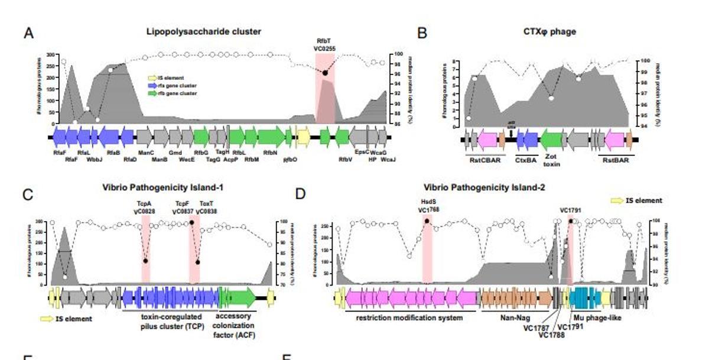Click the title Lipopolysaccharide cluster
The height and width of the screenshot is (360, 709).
(203, 31)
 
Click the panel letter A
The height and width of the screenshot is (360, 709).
(28, 33)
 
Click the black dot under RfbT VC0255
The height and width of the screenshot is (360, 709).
(324, 73)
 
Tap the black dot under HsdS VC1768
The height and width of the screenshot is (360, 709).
(427, 221)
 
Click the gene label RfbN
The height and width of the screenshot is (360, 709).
(270, 153)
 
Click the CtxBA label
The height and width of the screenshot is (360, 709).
(525, 159)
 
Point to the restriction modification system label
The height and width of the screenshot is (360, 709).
(409, 317)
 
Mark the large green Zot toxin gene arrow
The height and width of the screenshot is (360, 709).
(551, 140)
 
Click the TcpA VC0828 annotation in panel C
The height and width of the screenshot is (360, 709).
(145, 206)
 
